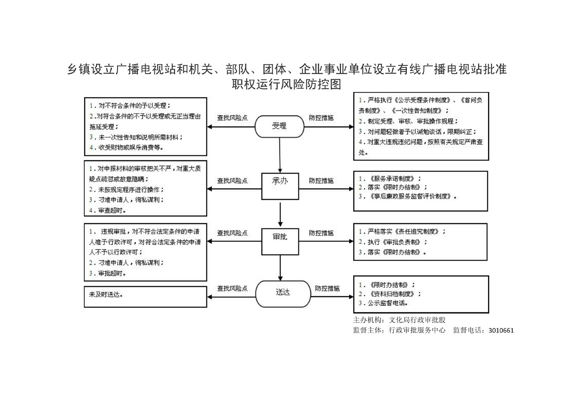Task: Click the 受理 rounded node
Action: click(x=279, y=126)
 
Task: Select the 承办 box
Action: click(x=280, y=186)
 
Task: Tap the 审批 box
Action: click(x=280, y=241)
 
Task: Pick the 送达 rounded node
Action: click(x=283, y=294)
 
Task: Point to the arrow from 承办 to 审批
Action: click(x=280, y=214)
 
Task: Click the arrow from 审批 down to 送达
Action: click(x=280, y=267)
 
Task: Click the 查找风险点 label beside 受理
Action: click(x=232, y=117)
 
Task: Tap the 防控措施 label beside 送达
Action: click(x=327, y=288)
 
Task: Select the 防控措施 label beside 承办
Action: click(x=321, y=181)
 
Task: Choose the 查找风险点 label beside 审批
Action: click(x=232, y=233)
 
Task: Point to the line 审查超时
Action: click(x=108, y=211)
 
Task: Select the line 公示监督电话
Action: click(x=384, y=303)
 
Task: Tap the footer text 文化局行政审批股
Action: click(x=417, y=320)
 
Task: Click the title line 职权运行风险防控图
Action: click(x=286, y=85)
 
